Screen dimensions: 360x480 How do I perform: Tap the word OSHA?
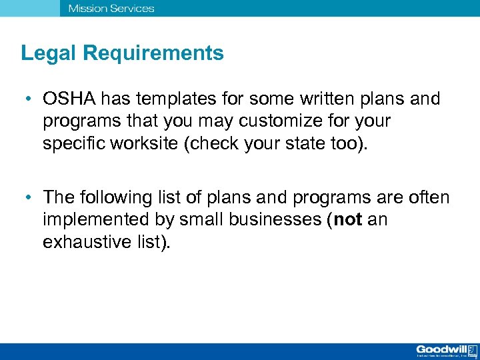click(69, 99)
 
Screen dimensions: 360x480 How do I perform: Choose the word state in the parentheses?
click(302, 143)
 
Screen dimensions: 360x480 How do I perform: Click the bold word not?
click(348, 219)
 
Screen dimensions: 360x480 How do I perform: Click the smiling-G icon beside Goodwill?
click(471, 349)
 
